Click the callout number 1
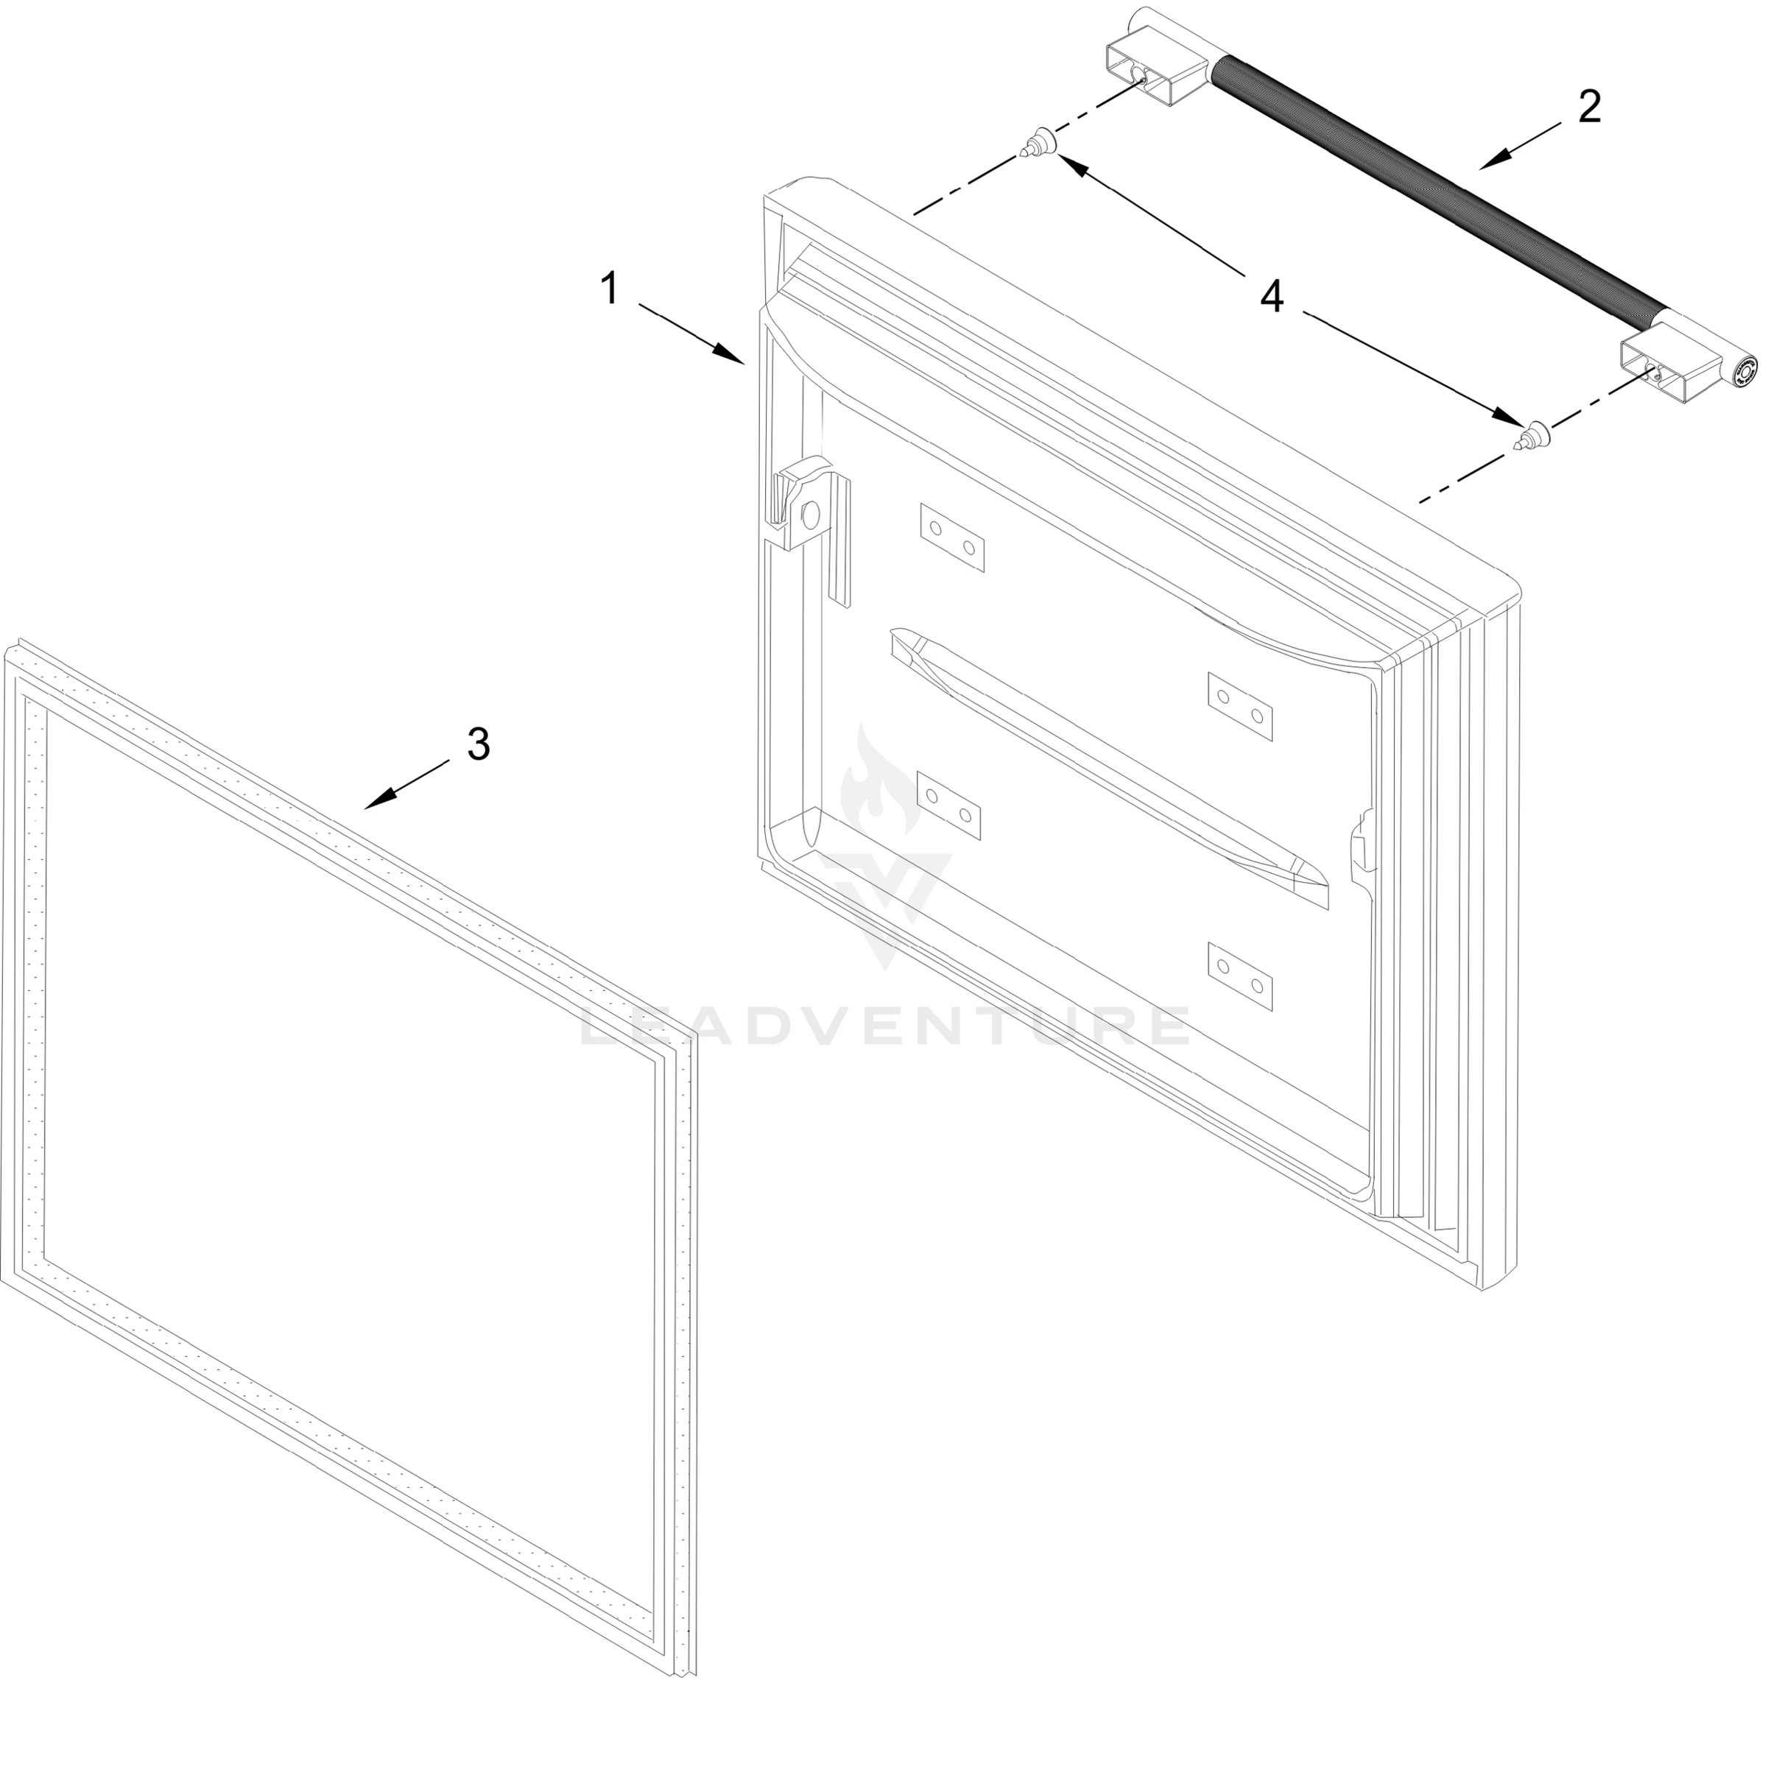coord(610,289)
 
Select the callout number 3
coord(479,744)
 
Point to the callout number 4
coord(1272,296)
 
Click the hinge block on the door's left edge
coord(801,515)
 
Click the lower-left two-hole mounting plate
coord(948,804)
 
